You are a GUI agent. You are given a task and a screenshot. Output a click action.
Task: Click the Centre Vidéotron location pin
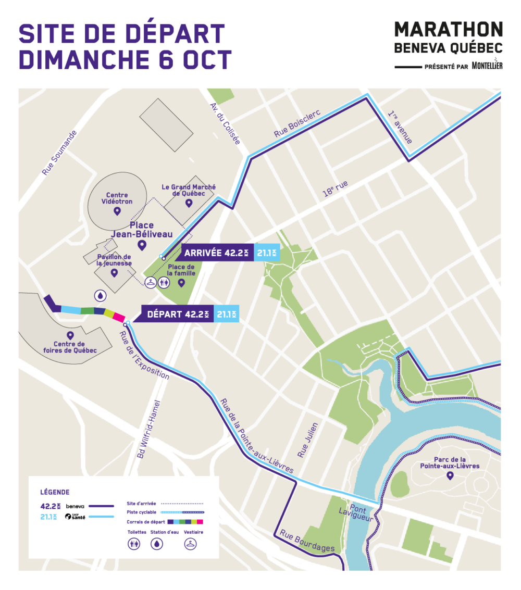coord(117,211)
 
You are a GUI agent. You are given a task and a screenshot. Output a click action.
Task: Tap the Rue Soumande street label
coord(59,153)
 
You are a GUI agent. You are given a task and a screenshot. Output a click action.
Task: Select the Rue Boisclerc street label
coord(296,124)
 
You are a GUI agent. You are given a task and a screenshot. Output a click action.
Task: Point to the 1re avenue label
coord(400,128)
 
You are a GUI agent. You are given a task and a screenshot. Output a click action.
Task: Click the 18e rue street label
coord(334,189)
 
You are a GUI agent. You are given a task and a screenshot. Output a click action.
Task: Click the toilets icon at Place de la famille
coord(165,282)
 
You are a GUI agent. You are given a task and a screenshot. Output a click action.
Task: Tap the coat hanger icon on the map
coord(151,282)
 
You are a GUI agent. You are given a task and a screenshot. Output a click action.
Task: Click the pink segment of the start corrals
coord(119,317)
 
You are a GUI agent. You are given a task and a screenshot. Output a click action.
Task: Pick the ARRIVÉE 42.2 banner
coord(215,254)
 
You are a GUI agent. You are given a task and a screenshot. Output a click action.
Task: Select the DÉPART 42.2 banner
coord(178,315)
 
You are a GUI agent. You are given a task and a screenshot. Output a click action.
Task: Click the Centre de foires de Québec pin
coord(69,335)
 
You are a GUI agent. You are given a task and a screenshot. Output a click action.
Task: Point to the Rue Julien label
coord(308,440)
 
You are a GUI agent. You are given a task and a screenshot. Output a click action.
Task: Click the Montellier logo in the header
coord(487,66)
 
